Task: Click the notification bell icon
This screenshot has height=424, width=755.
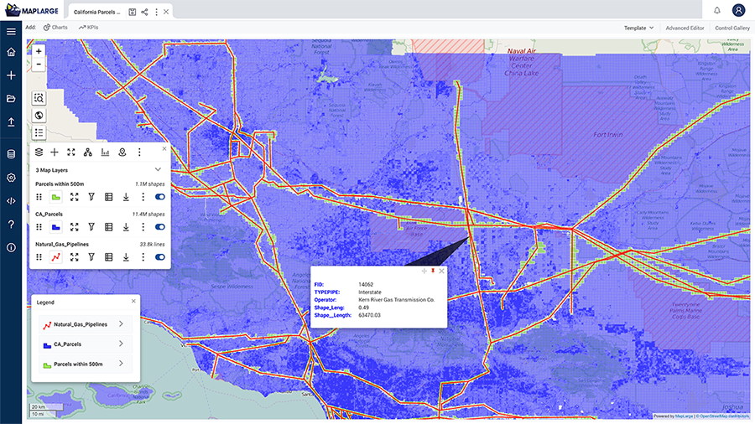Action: pos(717,11)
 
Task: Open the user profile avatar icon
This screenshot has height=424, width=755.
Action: pos(738,11)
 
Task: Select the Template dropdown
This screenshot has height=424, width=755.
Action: pos(638,28)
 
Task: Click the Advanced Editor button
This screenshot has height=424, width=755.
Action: pos(685,28)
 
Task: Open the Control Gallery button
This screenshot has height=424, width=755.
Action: pos(732,28)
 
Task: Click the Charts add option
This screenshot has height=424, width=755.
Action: pos(55,28)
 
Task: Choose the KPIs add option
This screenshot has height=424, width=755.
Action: pos(88,28)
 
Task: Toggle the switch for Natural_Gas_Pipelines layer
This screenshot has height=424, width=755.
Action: pos(159,257)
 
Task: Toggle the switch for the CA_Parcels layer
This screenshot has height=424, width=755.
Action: pos(159,227)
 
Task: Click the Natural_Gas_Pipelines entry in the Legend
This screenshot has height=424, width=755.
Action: pos(81,323)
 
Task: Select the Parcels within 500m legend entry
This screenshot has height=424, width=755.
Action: pos(78,364)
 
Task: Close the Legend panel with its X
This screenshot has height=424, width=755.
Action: pos(133,301)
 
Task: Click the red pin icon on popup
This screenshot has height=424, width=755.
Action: pos(433,271)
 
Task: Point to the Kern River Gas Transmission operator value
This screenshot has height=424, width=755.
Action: pos(396,299)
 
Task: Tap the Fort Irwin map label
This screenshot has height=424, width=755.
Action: pos(609,134)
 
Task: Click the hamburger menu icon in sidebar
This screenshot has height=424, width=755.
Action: pos(11,31)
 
